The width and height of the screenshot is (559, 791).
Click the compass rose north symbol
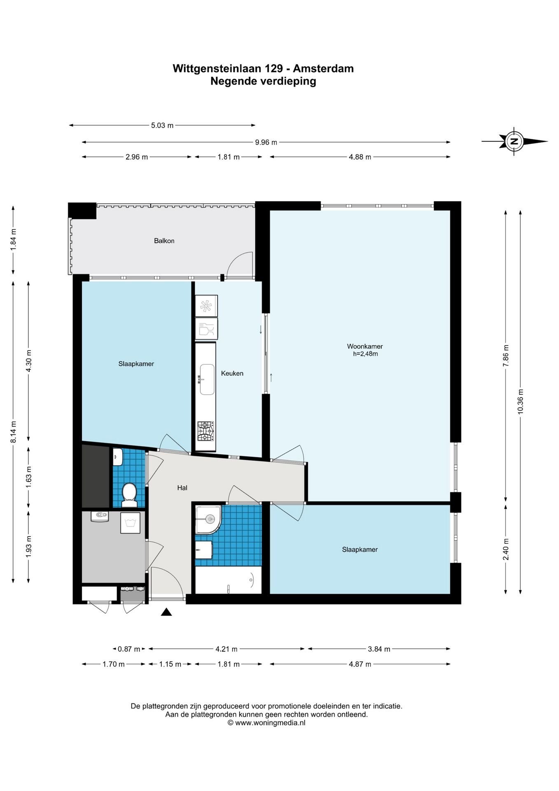point(514,141)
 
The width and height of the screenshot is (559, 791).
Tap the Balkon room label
point(164,241)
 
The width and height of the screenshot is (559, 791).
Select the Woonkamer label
point(365,346)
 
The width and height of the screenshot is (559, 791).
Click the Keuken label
point(232,373)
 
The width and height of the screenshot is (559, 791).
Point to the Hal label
point(182,488)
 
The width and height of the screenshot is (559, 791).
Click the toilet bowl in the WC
point(130,494)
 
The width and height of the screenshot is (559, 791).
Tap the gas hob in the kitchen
point(206,431)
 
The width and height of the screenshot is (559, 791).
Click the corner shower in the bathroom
point(208,520)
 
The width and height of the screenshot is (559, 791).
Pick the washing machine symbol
point(131,523)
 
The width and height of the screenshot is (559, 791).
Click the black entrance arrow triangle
point(166,612)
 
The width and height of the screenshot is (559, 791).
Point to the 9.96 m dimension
point(266,143)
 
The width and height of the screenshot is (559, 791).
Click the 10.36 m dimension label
point(521,402)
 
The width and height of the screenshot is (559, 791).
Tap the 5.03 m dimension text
point(162,125)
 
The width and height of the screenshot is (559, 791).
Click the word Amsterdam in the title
point(323,68)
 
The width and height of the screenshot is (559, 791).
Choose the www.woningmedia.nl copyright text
point(267,723)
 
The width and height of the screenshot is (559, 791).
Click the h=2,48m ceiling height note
point(366,353)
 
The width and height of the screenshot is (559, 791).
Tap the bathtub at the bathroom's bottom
point(228,580)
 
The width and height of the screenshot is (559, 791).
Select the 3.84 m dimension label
point(379,649)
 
